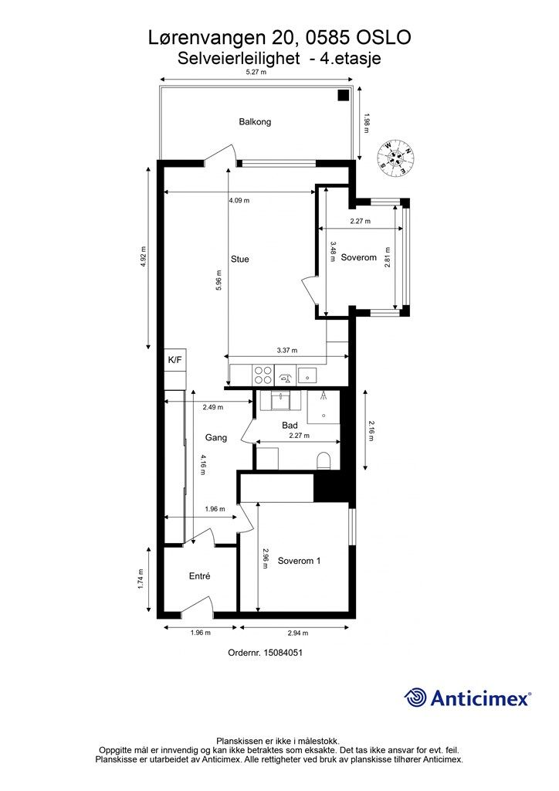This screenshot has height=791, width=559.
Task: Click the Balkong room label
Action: (255, 121)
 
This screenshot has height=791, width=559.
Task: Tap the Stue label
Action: (240, 260)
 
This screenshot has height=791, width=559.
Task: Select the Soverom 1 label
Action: (299, 561)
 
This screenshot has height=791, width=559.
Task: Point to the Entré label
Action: (200, 576)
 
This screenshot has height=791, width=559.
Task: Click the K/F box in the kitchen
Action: (175, 360)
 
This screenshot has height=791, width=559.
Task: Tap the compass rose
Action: (397, 158)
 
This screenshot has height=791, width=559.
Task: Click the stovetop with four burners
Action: (263, 375)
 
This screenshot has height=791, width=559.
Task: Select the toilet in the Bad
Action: (323, 460)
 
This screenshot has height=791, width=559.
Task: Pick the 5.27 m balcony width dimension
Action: (256, 72)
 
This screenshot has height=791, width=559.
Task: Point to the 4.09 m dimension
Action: (239, 200)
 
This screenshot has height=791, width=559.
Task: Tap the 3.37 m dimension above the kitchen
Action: (287, 350)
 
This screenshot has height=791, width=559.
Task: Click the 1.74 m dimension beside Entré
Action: (141, 579)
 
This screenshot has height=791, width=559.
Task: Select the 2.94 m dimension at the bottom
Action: (298, 633)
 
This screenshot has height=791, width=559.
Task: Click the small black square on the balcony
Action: (344, 95)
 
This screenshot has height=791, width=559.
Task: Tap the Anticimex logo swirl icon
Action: (415, 698)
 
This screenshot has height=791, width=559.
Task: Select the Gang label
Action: (215, 438)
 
